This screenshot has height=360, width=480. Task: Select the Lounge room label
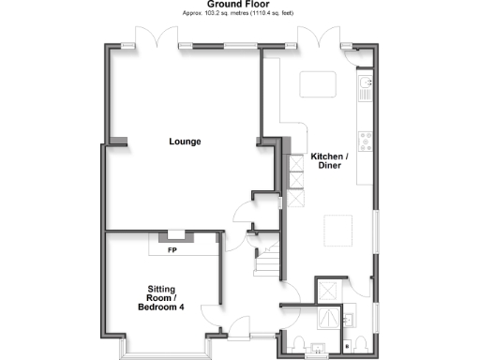tap(185, 142)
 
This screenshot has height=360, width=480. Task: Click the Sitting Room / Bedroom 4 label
tap(161, 298)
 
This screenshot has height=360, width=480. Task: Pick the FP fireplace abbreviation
tap(172, 250)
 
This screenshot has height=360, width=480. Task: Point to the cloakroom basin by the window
tap(318, 352)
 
